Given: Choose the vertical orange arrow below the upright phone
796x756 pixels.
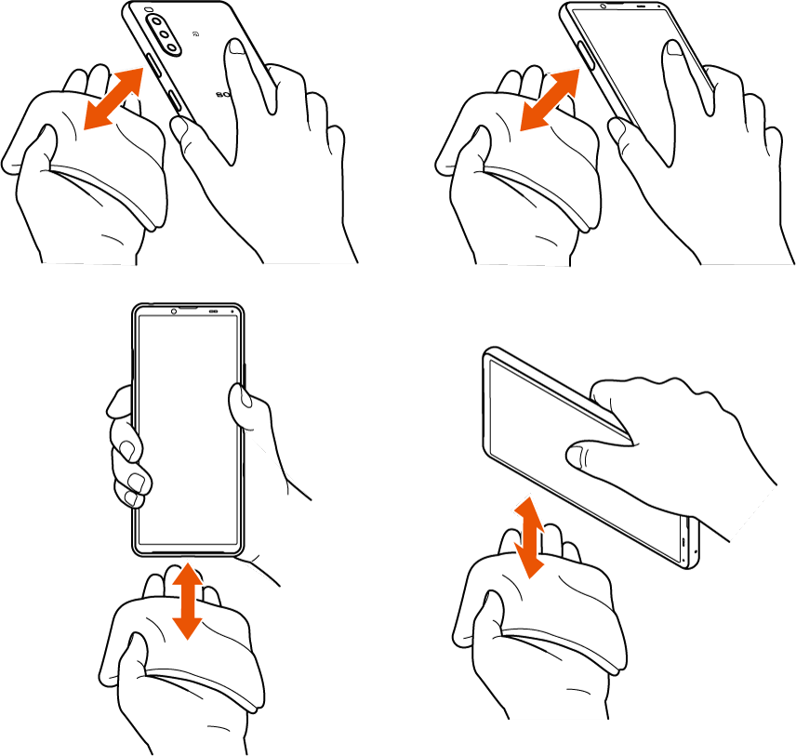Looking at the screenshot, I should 188,600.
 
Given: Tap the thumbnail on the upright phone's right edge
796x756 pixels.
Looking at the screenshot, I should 240,403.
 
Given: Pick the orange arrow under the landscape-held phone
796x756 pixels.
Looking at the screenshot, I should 528,537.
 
